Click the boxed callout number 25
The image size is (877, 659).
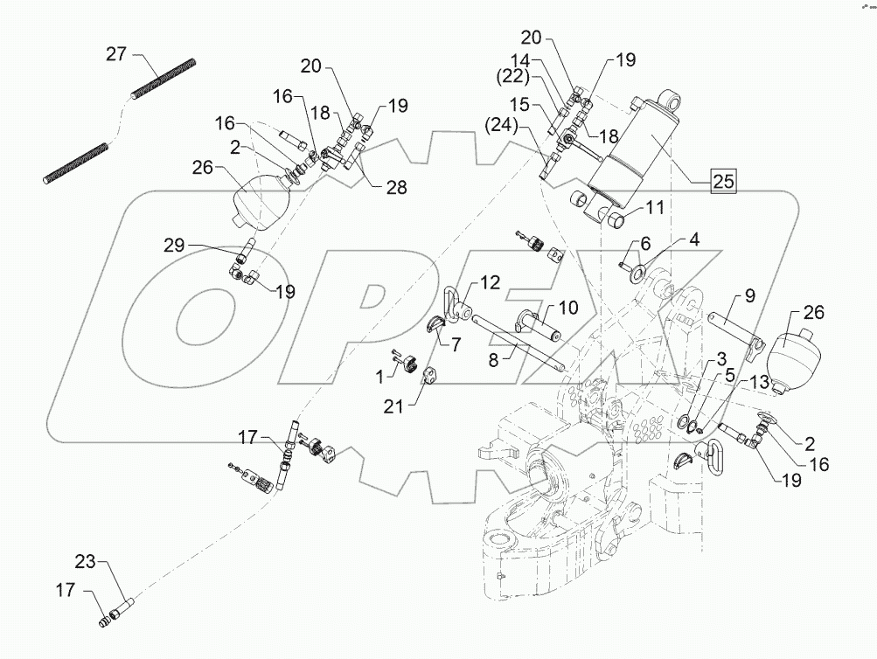721,182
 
